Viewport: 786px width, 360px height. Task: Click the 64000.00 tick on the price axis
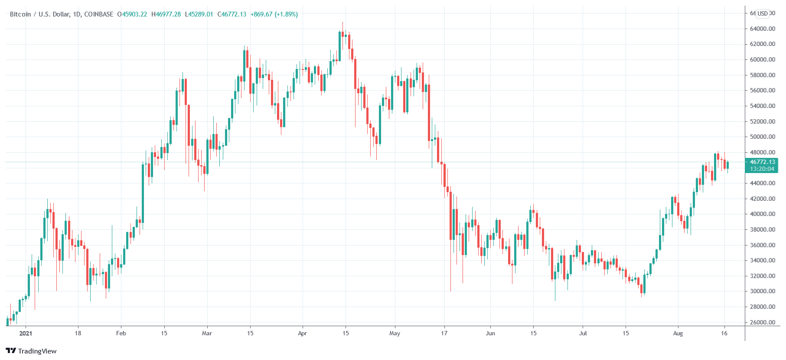click(x=762, y=29)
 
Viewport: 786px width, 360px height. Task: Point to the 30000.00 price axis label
click(x=762, y=291)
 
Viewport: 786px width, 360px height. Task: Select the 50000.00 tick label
click(x=762, y=137)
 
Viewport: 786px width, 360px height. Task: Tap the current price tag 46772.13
click(x=762, y=162)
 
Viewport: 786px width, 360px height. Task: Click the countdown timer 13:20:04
click(x=762, y=169)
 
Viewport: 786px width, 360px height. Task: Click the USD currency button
click(x=763, y=13)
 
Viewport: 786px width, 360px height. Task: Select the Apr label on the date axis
click(x=302, y=333)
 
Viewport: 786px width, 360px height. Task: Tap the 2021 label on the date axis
click(x=26, y=333)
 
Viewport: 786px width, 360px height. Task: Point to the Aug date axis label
click(x=678, y=333)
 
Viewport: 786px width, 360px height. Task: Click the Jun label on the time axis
click(x=490, y=333)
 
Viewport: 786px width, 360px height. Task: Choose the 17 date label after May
click(x=444, y=333)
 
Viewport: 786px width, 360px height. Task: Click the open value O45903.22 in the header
click(x=132, y=14)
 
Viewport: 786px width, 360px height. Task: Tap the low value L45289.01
click(x=199, y=14)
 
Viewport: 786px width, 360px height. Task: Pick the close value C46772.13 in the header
click(x=232, y=14)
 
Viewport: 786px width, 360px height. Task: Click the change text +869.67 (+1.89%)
click(x=274, y=14)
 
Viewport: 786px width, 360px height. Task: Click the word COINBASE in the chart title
click(x=98, y=14)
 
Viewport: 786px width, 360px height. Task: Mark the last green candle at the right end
click(x=727, y=165)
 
